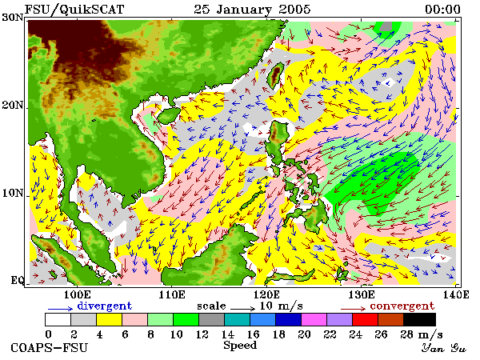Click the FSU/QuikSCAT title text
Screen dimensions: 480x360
[x=74, y=9]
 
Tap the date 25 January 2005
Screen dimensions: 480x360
[x=252, y=9]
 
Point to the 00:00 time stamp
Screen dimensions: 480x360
[x=442, y=9]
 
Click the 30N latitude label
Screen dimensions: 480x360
[x=13, y=17]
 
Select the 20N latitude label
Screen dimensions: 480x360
[x=13, y=105]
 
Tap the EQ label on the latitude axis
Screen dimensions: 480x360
[x=17, y=280]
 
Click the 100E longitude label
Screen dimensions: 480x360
[x=77, y=294]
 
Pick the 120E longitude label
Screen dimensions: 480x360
[x=266, y=294]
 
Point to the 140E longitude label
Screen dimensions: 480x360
[x=456, y=294]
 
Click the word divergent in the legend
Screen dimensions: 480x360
[x=104, y=306]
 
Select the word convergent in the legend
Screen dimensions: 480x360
[x=402, y=306]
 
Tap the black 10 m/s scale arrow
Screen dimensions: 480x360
[x=242, y=309]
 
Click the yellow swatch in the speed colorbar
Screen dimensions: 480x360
[x=110, y=319]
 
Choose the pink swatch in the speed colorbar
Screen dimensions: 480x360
[x=134, y=319]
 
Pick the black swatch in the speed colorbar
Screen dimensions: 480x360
[x=419, y=319]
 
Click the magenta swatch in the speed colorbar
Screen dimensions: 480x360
[x=314, y=319]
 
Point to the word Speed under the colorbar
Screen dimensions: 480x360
[x=240, y=346]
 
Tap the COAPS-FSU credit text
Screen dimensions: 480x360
[x=50, y=348]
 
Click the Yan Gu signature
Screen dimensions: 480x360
[x=443, y=348]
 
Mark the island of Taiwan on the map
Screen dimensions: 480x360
[x=275, y=75]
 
